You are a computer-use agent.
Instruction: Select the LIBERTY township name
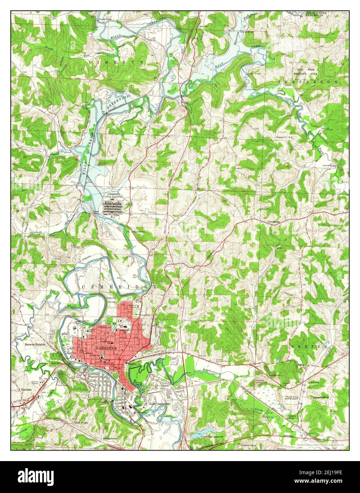117,62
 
